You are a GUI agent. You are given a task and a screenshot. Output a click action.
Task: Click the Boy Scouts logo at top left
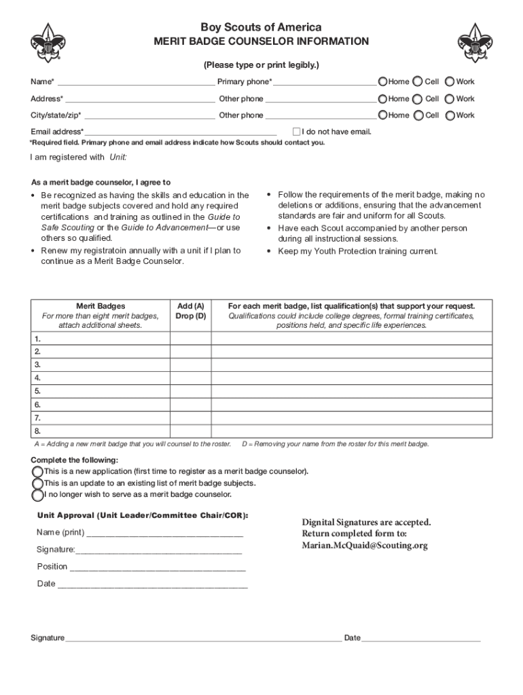point(48,43)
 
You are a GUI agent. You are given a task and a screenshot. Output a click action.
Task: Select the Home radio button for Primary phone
point(383,81)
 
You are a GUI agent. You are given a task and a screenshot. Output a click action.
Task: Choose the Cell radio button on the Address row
point(418,98)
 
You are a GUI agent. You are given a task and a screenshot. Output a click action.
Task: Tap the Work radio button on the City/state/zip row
point(450,115)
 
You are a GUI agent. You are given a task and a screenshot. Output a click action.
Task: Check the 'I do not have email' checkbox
point(296,131)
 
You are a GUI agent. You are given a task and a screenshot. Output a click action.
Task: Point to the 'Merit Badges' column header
point(100,306)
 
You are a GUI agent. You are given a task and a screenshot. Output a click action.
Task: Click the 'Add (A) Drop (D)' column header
point(190,311)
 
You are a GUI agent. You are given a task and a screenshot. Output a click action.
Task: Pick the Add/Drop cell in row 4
point(190,378)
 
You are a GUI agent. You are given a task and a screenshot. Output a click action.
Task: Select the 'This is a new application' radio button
point(37,471)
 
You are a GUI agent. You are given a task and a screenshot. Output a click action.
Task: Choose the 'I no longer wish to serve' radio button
point(37,494)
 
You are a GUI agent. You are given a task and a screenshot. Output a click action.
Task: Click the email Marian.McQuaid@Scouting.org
point(365,546)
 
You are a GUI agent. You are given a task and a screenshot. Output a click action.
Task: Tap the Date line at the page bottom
point(421,638)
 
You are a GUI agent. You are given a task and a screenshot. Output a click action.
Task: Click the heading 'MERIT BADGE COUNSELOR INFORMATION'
point(261,42)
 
